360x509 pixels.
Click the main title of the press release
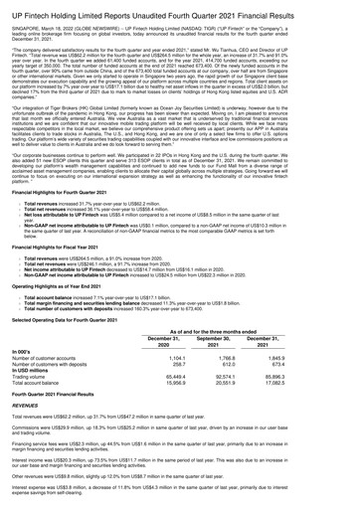pyautogui.click(x=179, y=9)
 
